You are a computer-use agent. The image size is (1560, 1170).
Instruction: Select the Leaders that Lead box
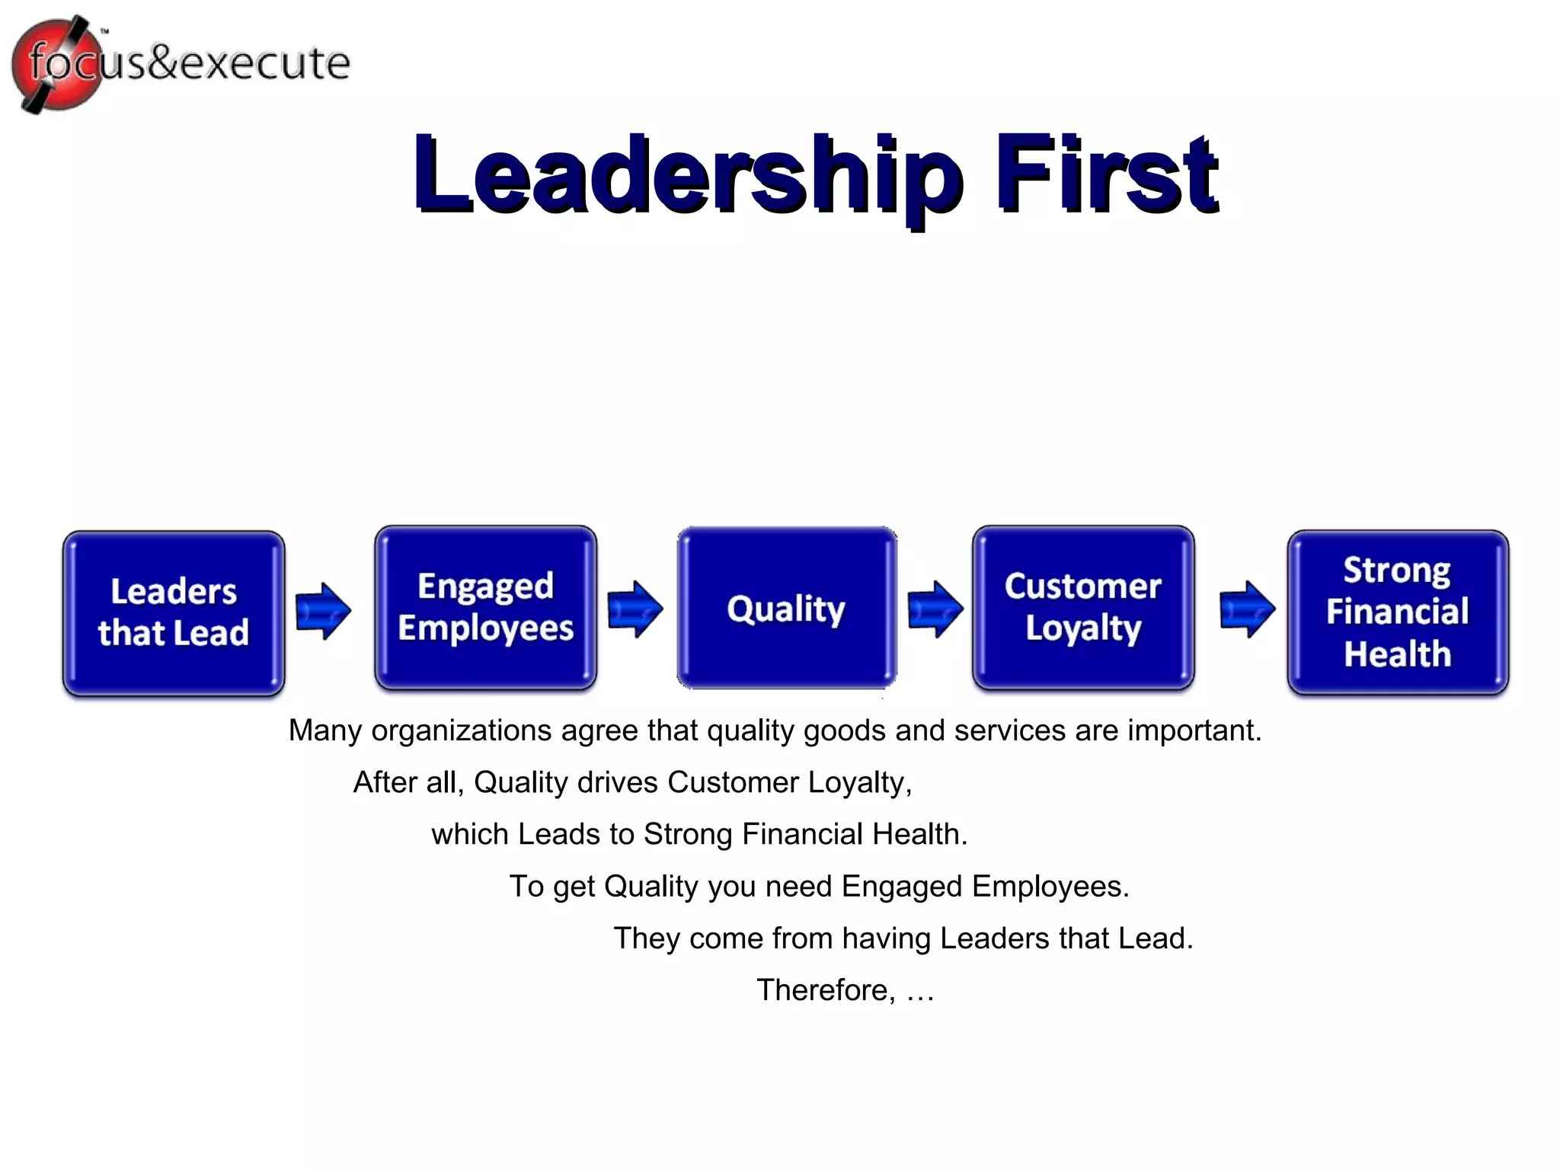174,613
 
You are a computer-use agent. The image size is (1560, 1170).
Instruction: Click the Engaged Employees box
485,608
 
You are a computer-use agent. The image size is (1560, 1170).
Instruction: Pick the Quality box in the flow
786,608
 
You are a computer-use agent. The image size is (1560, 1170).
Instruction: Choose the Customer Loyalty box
1082,608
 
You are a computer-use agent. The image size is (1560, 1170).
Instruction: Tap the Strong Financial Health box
1397,613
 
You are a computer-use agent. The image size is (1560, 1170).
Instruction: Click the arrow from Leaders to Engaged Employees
323,611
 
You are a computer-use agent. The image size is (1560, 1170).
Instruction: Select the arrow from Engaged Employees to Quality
635,609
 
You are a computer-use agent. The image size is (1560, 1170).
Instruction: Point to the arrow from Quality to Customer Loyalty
935,609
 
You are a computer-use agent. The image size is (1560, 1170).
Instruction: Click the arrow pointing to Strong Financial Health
1247,609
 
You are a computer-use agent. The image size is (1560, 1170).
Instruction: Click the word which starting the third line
469,834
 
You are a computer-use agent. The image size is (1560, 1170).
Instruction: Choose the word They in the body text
647,938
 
